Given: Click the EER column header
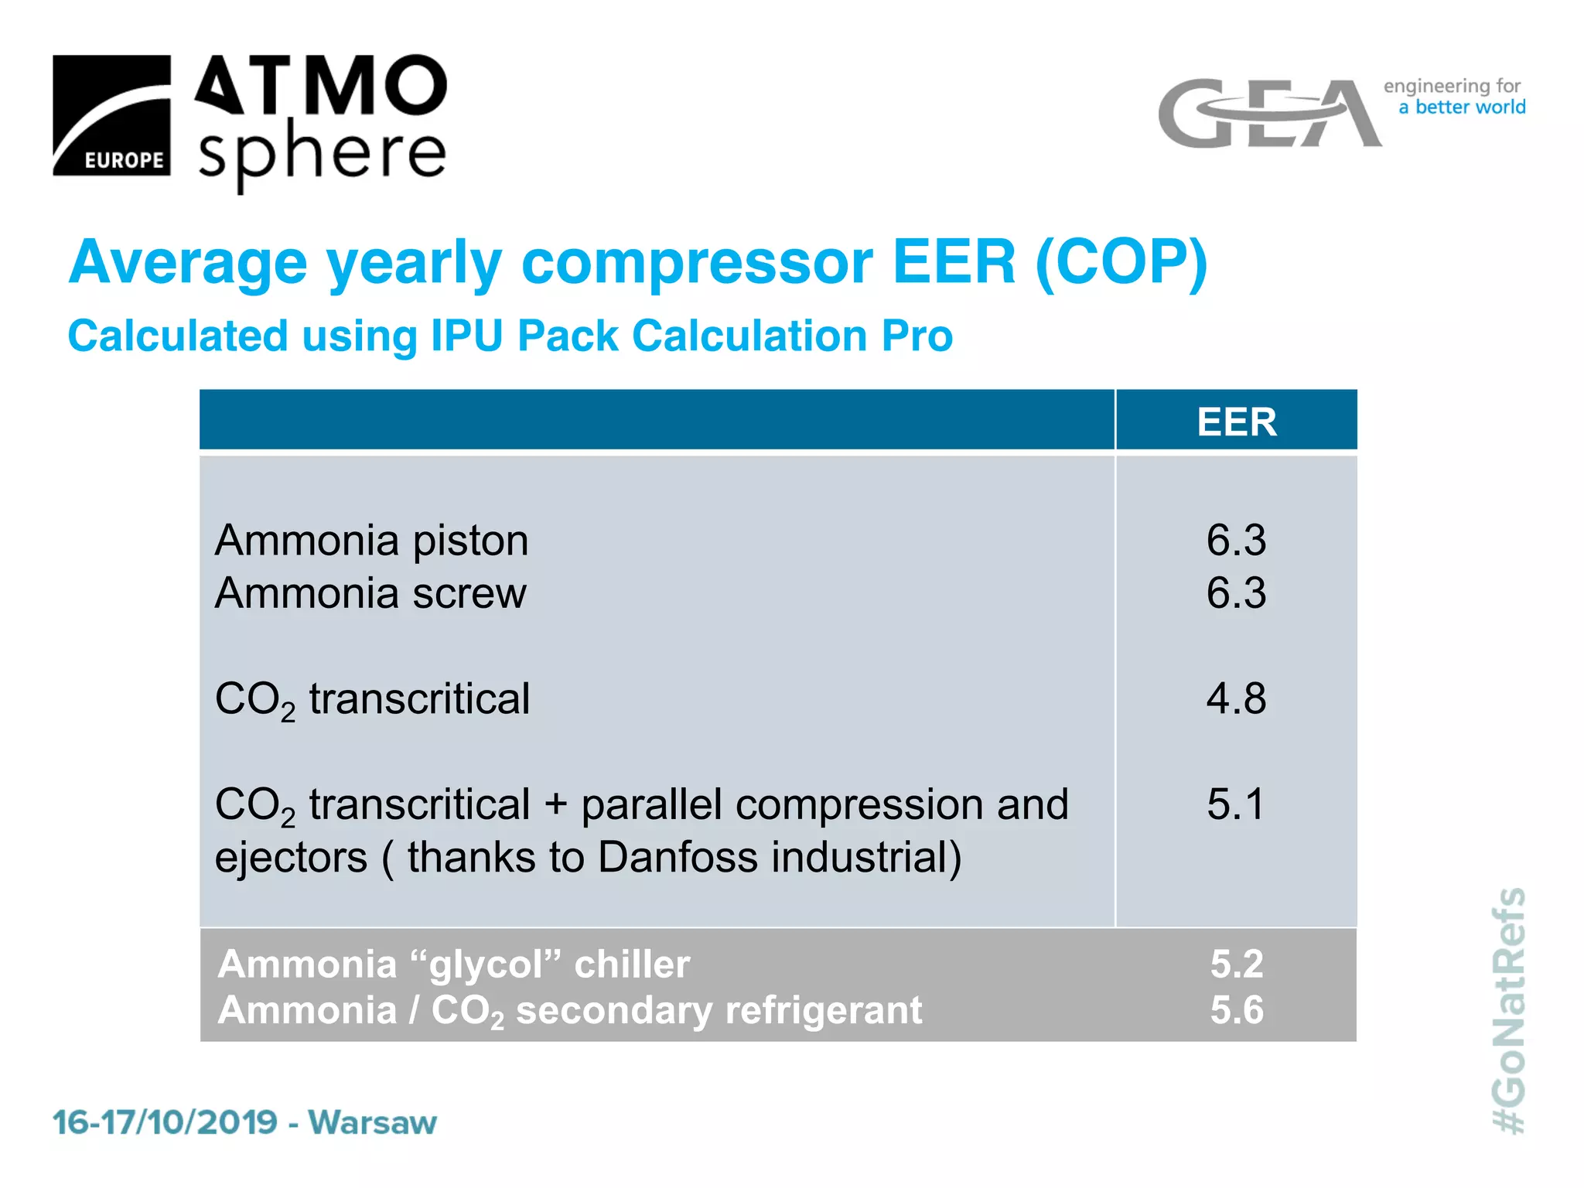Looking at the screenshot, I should pyautogui.click(x=1236, y=422).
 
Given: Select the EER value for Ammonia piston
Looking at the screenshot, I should pyautogui.click(x=1236, y=540).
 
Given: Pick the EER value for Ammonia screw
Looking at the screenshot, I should pyautogui.click(x=1236, y=593).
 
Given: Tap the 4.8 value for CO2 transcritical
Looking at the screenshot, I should pyautogui.click(x=1236, y=698).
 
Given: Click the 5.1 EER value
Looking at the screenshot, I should pyautogui.click(x=1235, y=804).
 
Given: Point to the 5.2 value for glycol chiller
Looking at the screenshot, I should pyautogui.click(x=1236, y=964).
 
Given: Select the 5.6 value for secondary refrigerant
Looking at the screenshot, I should pyautogui.click(x=1236, y=1010).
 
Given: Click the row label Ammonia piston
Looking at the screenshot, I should pyautogui.click(x=371, y=540).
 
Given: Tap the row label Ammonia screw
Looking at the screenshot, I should pyautogui.click(x=370, y=593).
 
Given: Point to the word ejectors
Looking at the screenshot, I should pyautogui.click(x=291, y=859).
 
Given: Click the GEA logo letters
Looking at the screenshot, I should pyautogui.click(x=1268, y=114).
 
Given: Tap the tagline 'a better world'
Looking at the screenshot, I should pyautogui.click(x=1462, y=107).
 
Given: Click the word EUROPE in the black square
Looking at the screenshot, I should pyautogui.click(x=124, y=160).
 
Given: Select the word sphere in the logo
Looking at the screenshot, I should pyautogui.click(x=322, y=153).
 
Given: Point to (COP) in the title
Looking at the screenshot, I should pyautogui.click(x=1121, y=262).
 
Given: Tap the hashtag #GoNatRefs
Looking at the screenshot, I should pyautogui.click(x=1508, y=1010).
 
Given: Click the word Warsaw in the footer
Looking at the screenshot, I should pyautogui.click(x=372, y=1122).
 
